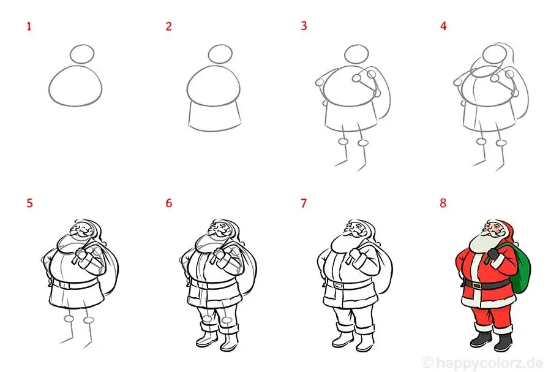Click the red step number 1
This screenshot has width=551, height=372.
(29, 26)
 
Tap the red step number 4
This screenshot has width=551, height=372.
(443, 26)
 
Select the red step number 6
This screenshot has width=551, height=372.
(169, 203)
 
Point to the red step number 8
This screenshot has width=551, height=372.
(443, 203)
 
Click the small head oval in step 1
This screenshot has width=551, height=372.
(82, 45)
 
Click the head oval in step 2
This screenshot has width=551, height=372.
(220, 45)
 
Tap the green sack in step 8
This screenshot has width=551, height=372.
(519, 269)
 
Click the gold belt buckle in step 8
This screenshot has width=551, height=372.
(476, 285)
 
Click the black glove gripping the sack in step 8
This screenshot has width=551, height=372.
(492, 254)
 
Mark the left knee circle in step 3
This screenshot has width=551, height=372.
(343, 142)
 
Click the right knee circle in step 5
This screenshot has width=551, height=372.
(89, 320)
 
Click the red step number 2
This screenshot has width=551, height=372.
(169, 26)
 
